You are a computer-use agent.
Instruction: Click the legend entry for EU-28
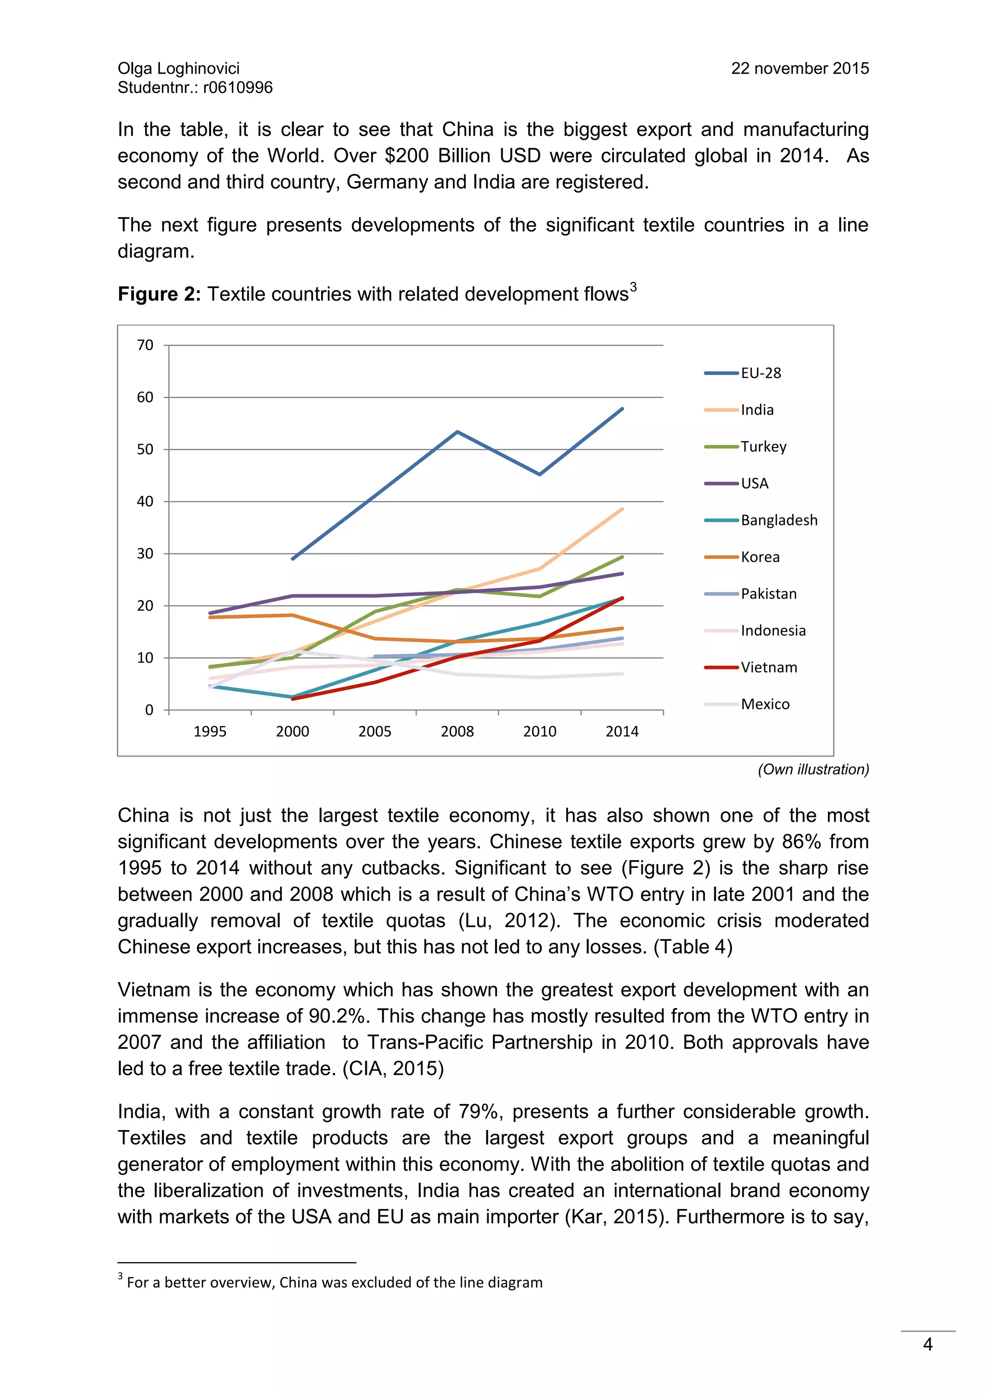[760, 373]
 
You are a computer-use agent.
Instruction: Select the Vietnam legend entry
[768, 667]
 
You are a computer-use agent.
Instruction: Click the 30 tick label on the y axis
[145, 553]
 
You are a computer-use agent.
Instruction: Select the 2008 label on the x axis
[457, 732]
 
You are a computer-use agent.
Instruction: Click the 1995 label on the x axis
[210, 732]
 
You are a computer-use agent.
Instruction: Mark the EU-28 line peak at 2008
[457, 432]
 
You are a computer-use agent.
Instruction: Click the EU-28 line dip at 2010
[540, 474]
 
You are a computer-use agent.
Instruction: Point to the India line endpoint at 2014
[622, 509]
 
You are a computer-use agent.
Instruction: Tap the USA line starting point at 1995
[210, 613]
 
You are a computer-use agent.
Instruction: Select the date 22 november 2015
[800, 69]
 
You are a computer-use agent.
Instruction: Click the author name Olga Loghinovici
[179, 69]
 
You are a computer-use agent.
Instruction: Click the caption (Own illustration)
[813, 769]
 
